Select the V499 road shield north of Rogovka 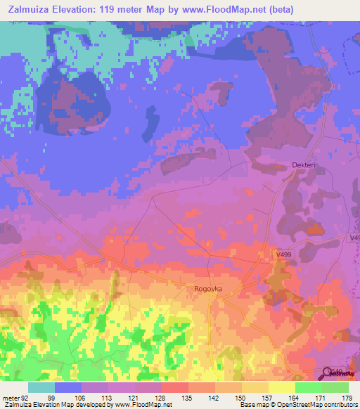click(x=283, y=254)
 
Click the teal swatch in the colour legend click(x=41, y=387)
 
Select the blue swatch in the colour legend click(x=68, y=387)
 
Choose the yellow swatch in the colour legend click(x=281, y=387)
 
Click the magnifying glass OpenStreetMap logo click(x=328, y=372)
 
